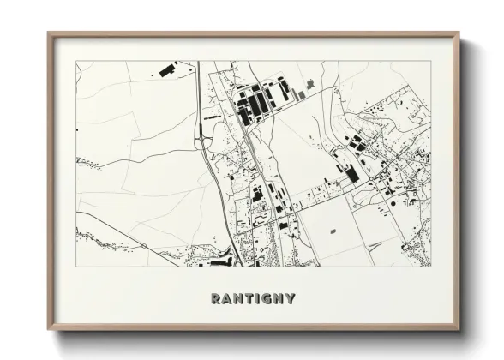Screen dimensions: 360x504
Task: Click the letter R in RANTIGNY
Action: click(215, 299)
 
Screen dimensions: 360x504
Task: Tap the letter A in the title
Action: click(226, 299)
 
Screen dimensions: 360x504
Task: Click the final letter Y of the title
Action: click(291, 299)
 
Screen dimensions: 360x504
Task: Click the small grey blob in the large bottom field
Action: click(333, 231)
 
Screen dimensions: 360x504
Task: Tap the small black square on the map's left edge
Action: click(77, 129)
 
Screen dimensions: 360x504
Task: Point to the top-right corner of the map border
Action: click(430, 61)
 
